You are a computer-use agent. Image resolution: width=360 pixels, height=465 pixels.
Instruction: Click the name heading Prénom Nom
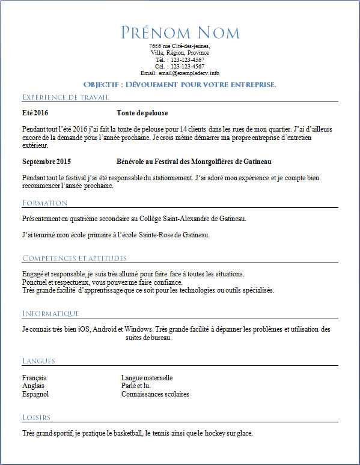180,32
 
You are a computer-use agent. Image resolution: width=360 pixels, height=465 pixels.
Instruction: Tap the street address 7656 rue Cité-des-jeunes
180,46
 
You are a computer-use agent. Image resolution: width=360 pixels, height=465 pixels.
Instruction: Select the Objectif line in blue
180,85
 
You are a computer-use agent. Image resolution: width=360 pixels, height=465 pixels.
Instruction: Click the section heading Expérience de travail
66,97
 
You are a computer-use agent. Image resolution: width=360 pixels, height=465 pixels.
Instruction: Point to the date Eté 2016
35,113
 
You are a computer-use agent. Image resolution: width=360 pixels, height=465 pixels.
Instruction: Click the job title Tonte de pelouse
142,113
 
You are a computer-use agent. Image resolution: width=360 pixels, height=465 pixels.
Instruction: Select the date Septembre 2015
47,162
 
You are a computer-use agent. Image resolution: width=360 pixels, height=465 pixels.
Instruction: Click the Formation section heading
45,203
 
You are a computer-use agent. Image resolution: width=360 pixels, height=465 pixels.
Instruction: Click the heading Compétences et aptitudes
75,258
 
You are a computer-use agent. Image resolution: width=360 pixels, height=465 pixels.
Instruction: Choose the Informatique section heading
50,314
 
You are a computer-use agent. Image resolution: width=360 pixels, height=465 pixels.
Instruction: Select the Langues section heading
38,361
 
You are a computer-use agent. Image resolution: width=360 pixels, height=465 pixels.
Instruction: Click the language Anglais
32,386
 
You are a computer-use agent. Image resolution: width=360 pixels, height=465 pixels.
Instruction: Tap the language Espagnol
35,394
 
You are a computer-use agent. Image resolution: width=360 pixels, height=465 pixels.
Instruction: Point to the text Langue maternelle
147,378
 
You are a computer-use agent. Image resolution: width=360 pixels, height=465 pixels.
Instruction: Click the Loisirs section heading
36,418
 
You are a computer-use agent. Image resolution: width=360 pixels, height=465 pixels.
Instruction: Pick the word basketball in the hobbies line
126,433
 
